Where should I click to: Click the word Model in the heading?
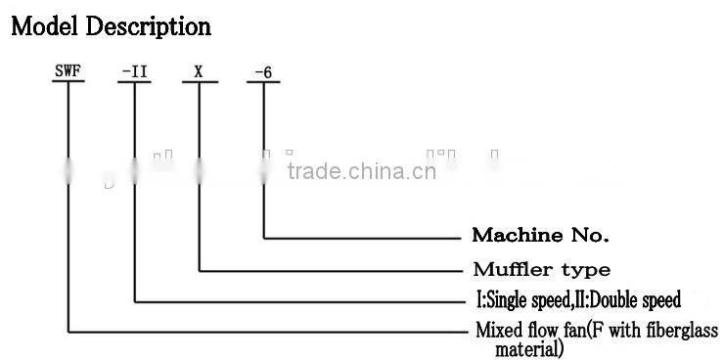click(45, 26)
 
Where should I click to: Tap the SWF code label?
click(67, 70)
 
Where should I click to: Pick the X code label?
click(200, 70)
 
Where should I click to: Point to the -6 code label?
click(264, 70)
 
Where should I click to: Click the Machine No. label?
click(540, 236)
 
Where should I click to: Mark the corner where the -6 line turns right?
click(265, 237)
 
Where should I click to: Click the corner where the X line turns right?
click(200, 269)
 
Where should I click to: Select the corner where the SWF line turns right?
click(68, 333)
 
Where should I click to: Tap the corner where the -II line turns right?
click(134, 300)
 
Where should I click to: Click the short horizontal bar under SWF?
click(68, 82)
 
